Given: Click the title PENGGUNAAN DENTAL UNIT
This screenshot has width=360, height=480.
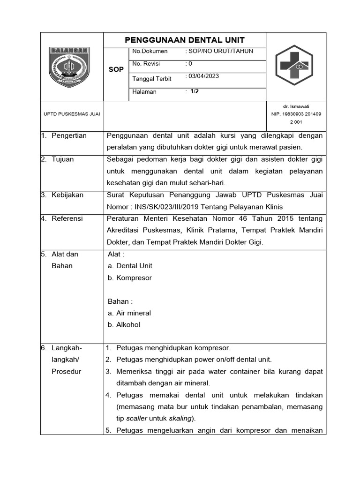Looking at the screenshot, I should (184, 40).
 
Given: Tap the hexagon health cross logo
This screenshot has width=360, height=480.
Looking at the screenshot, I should (295, 66).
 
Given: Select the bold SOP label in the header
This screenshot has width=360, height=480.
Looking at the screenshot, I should (116, 69).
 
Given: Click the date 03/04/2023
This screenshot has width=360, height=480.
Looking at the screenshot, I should (203, 76).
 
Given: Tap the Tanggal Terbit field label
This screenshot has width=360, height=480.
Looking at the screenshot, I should (152, 79).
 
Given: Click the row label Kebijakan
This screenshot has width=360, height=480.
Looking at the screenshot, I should (68, 195).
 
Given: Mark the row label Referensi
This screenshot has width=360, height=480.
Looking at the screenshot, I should (68, 218).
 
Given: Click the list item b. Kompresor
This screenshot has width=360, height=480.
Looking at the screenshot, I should (130, 277).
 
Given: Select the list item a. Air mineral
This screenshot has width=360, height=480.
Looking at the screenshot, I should (129, 313).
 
